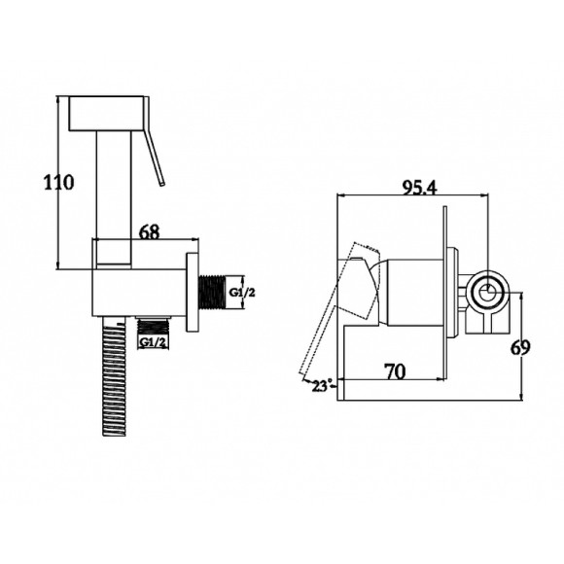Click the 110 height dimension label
click(58, 182)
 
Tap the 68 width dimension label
click(149, 232)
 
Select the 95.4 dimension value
click(419, 188)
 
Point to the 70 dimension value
click(395, 371)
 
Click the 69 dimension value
click(521, 347)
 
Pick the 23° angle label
click(321, 386)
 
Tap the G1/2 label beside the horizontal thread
click(242, 293)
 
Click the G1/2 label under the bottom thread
click(153, 342)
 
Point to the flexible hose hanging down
click(114, 376)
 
